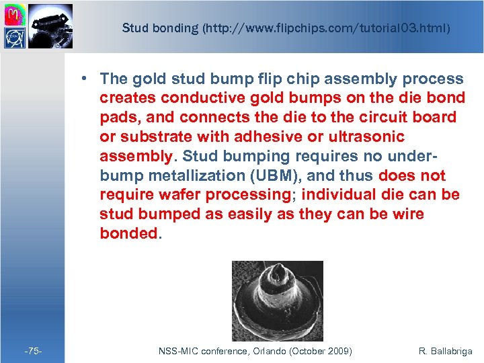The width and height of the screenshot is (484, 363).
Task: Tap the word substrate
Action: click(x=146, y=137)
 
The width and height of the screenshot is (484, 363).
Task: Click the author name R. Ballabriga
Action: click(x=445, y=351)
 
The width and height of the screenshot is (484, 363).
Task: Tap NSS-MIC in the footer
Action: click(x=177, y=351)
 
